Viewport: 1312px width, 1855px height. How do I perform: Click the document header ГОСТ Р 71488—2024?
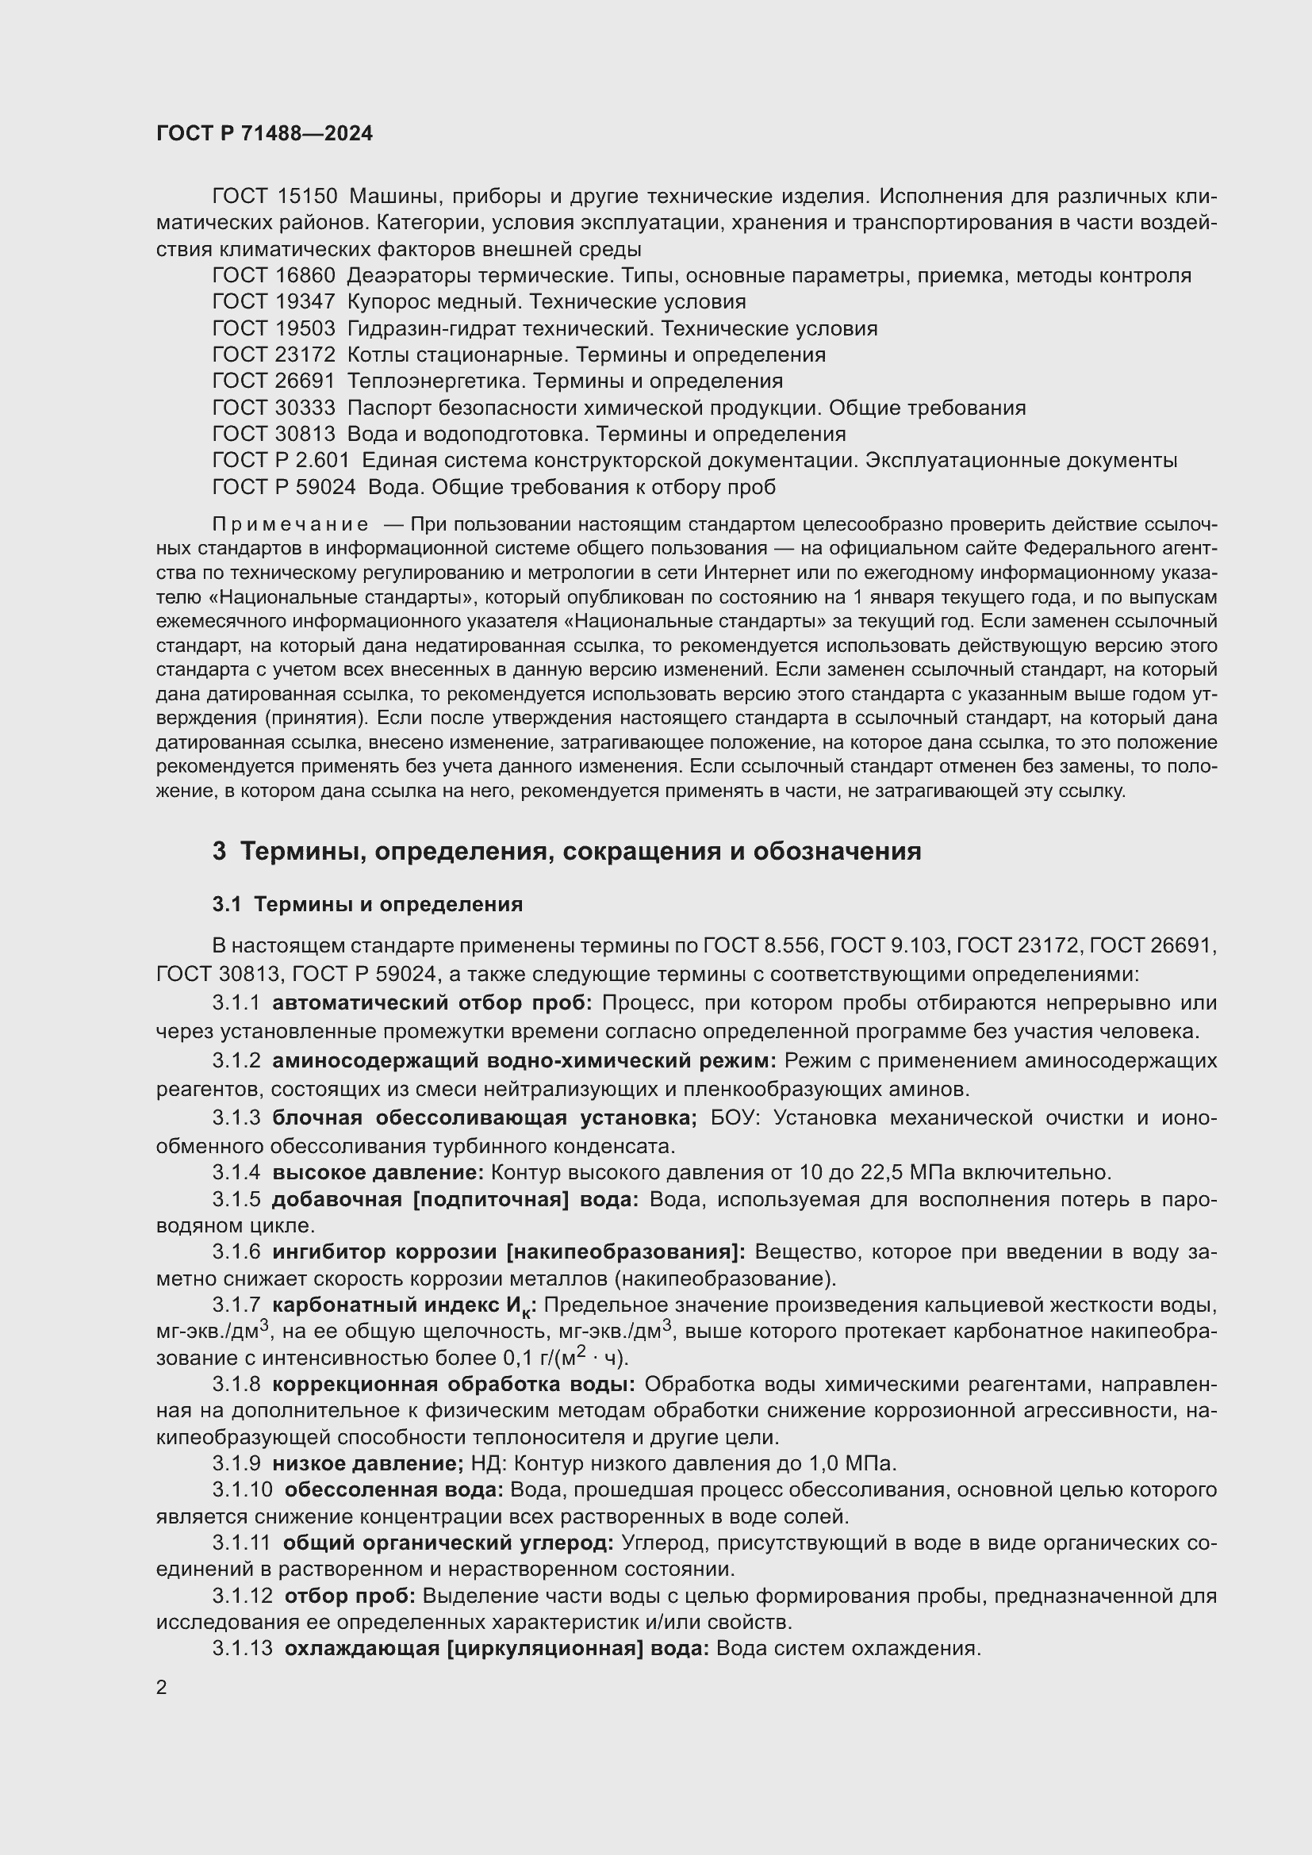click(x=264, y=134)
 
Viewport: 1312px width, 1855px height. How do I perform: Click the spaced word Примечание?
click(x=291, y=525)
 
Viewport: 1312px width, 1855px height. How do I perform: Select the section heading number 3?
click(x=219, y=852)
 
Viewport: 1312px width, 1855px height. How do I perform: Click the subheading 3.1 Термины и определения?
click(x=367, y=904)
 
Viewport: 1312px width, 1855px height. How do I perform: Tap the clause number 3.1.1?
click(x=236, y=1003)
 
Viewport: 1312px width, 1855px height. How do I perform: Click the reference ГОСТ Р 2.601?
click(x=280, y=461)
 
